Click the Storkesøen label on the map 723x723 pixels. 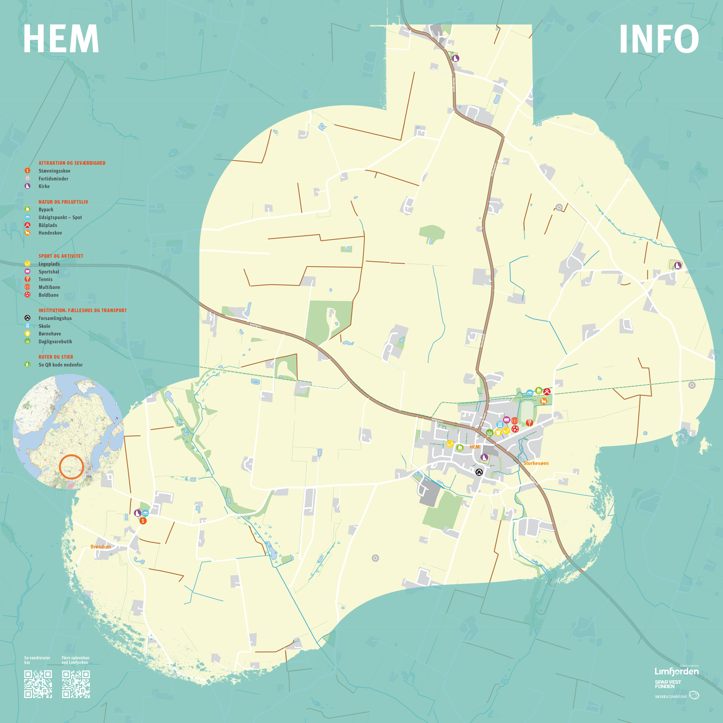click(536, 463)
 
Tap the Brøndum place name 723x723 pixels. click(101, 547)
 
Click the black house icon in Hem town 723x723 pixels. click(479, 472)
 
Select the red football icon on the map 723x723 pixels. click(515, 429)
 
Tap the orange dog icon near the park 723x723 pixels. click(543, 402)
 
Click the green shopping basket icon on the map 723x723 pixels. click(489, 433)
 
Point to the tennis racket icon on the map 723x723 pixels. click(529, 423)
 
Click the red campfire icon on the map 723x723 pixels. click(547, 392)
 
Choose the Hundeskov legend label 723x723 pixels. click(50, 233)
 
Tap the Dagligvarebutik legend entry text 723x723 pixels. click(55, 342)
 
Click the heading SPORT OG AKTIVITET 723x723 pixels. click(61, 256)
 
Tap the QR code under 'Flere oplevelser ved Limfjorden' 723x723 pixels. click(76, 684)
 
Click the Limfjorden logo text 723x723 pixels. click(676, 671)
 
